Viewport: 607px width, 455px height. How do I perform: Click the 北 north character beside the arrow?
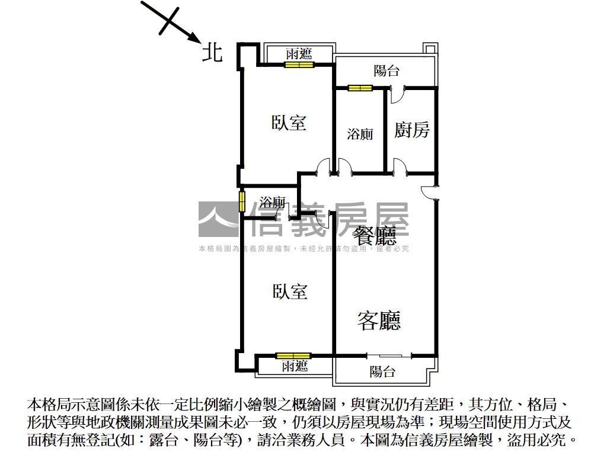coord(212,52)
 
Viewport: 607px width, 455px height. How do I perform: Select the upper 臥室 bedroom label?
coord(289,123)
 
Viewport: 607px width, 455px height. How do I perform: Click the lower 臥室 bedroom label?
coord(290,291)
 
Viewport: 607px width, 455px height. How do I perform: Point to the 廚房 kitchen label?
coord(412,130)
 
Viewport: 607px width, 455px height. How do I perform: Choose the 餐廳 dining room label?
coord(375,236)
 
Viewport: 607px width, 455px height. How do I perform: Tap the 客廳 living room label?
coord(379,320)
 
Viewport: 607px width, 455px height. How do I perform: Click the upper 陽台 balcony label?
coord(386,71)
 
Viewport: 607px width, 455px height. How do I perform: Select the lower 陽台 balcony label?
coord(382,371)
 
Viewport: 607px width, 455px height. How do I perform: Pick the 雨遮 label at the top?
coord(299,54)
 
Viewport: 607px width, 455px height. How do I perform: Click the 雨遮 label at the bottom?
coord(295,366)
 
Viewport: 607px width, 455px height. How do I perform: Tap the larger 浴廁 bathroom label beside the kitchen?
coord(360,134)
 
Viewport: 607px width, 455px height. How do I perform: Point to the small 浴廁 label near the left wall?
coord(272,201)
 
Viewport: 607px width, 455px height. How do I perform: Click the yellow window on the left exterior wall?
coord(242,201)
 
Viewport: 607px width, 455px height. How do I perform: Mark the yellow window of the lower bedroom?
coord(293,356)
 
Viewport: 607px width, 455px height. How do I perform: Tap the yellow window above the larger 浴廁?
coord(360,89)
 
